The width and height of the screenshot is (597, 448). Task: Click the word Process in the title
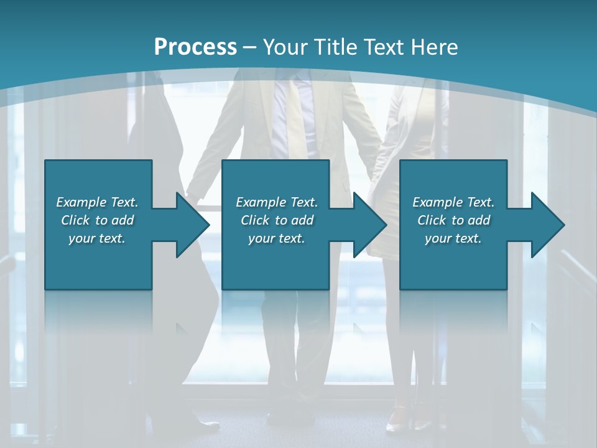click(x=195, y=47)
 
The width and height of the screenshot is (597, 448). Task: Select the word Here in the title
click(x=435, y=47)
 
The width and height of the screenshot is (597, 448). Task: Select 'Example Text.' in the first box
click(x=97, y=202)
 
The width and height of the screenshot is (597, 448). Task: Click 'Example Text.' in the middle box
click(x=277, y=202)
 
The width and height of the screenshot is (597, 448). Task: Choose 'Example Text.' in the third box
click(x=453, y=202)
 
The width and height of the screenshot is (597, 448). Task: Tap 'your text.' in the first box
click(x=97, y=238)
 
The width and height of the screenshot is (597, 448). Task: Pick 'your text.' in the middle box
click(x=277, y=238)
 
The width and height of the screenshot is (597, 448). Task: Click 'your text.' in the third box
click(x=453, y=238)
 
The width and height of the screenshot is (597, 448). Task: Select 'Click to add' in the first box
click(x=97, y=220)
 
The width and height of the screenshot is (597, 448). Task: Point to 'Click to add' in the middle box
click(x=277, y=220)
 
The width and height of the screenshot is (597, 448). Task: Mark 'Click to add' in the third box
click(x=453, y=220)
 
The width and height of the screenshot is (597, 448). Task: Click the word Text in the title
click(x=382, y=47)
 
